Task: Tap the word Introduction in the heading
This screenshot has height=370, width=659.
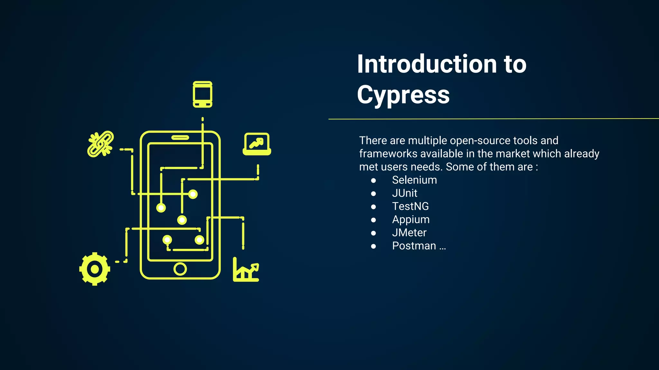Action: (427, 64)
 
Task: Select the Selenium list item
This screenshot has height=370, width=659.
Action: (414, 180)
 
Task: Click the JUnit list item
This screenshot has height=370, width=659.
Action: (404, 193)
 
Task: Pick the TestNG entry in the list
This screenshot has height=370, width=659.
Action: (410, 207)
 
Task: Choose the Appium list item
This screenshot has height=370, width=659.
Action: (411, 220)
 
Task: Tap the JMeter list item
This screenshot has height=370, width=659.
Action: (409, 233)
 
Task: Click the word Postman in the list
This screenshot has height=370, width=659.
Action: (414, 246)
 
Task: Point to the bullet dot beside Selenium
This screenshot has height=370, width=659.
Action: (373, 181)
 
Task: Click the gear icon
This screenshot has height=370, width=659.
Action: (95, 269)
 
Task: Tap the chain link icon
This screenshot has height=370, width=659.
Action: (100, 144)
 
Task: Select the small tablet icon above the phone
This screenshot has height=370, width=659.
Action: (202, 94)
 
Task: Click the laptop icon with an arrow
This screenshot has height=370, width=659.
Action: (256, 144)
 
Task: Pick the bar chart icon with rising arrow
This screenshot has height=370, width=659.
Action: (246, 270)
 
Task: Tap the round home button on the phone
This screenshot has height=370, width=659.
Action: (180, 269)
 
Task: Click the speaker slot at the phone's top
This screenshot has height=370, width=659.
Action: (180, 138)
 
